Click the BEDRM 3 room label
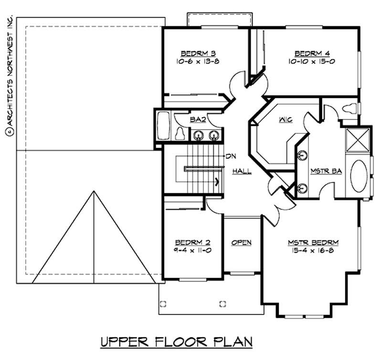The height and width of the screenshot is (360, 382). pos(193,53)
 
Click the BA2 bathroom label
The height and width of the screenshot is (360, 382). pos(198,120)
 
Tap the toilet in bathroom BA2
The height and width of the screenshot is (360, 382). pos(180,133)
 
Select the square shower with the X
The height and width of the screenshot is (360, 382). pos(357,140)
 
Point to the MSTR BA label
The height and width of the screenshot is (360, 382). pos(326,171)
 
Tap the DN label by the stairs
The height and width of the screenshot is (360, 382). pos(231,156)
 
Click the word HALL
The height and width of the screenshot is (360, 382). pos(242,171)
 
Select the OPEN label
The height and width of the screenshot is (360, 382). pos(241,242)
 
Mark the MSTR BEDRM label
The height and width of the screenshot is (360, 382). pos(309,242)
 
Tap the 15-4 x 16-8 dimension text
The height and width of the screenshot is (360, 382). pos(309,250)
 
